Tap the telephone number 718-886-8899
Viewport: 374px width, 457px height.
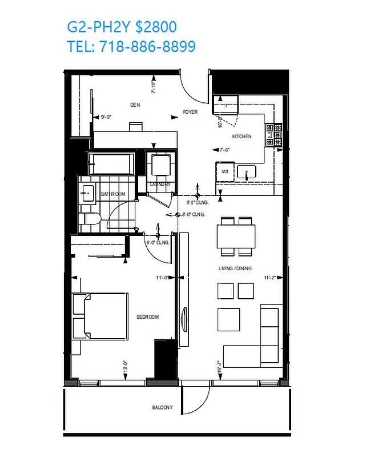click(x=147, y=46)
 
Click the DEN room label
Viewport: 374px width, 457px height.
click(x=135, y=105)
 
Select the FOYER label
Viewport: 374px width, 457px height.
click(x=190, y=112)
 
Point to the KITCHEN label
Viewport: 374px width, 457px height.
click(x=242, y=137)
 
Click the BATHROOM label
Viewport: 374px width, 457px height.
click(x=112, y=194)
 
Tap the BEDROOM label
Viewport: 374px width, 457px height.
click(x=147, y=317)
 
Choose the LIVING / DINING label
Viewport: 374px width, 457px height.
click(x=235, y=268)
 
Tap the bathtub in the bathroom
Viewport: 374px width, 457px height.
click(x=111, y=164)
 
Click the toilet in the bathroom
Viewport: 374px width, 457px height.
click(x=91, y=219)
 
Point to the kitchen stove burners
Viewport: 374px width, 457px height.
click(x=278, y=135)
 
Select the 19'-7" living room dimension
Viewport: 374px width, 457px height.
click(x=219, y=365)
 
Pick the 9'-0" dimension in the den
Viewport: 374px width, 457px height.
click(x=106, y=117)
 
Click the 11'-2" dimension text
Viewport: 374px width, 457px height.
click(x=271, y=278)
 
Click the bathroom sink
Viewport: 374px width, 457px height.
click(x=87, y=193)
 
